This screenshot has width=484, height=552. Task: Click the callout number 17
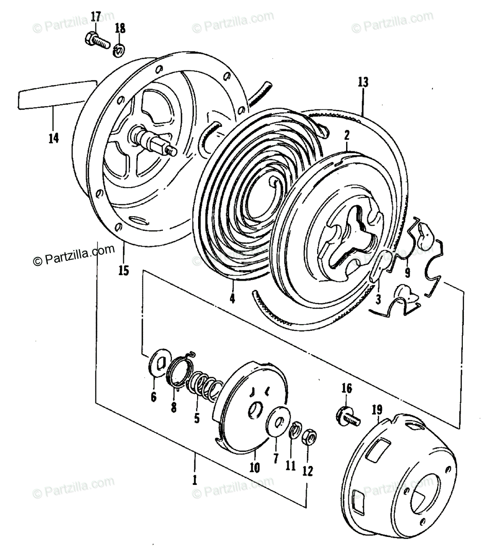pos(95,17)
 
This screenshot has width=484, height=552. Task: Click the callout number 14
pos(53,138)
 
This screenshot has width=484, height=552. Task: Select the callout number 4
pos(233,298)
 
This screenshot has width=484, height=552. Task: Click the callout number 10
pos(254,468)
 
